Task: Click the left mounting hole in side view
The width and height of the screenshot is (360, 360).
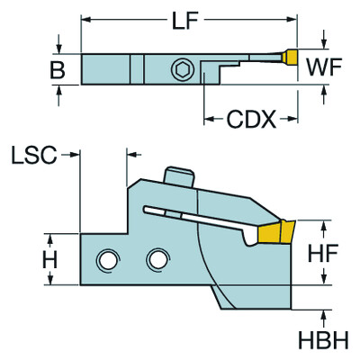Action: [x=109, y=260]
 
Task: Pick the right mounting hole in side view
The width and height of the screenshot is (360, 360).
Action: [x=158, y=260]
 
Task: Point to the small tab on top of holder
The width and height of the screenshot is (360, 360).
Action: [x=180, y=175]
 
